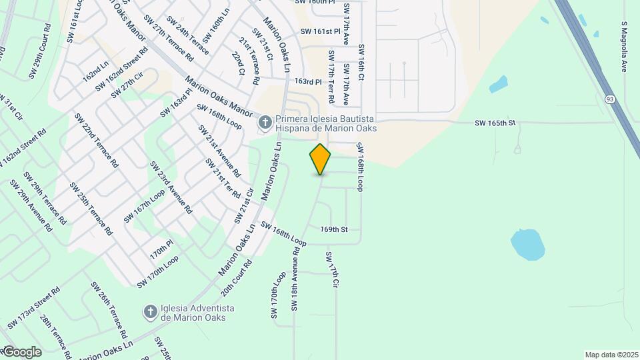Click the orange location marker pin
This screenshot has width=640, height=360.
click(320, 159)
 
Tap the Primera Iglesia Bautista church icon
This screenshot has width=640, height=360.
click(265, 122)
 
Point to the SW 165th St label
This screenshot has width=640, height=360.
click(495, 123)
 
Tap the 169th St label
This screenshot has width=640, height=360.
click(334, 229)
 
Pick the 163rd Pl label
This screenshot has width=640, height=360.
click(309, 81)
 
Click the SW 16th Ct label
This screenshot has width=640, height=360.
click(361, 63)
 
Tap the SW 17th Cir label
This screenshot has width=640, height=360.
click(332, 269)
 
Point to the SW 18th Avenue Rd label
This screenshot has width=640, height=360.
click(295, 278)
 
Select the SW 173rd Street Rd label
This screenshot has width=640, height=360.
click(34, 307)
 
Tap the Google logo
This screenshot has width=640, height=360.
click(21, 351)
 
